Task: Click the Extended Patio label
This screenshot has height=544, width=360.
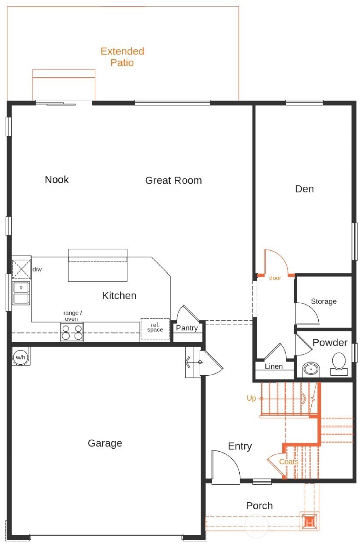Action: pos(122,57)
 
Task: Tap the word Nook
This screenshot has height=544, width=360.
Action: pos(57,179)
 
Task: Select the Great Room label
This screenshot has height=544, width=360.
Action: pos(173,180)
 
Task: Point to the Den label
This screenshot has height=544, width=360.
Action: pos(304,189)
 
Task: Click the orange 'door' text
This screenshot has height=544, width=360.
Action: pos(275,278)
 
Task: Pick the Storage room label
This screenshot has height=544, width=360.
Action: pos(324,301)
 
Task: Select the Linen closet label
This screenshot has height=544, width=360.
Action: pos(274,366)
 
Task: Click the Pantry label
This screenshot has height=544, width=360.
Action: pos(187,328)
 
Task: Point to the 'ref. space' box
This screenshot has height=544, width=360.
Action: pos(155,328)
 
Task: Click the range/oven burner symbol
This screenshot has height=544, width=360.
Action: pos(72,332)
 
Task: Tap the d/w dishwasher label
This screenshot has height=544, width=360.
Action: pos(37,269)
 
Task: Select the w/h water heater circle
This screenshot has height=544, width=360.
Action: pos(20,357)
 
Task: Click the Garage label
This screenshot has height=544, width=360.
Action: pos(105,443)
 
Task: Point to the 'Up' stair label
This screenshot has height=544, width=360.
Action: pos(251,398)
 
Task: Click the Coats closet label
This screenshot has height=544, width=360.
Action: pos(288,462)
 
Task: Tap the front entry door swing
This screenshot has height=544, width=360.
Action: pos(225,468)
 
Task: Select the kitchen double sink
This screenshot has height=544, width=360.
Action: pos(21,293)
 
